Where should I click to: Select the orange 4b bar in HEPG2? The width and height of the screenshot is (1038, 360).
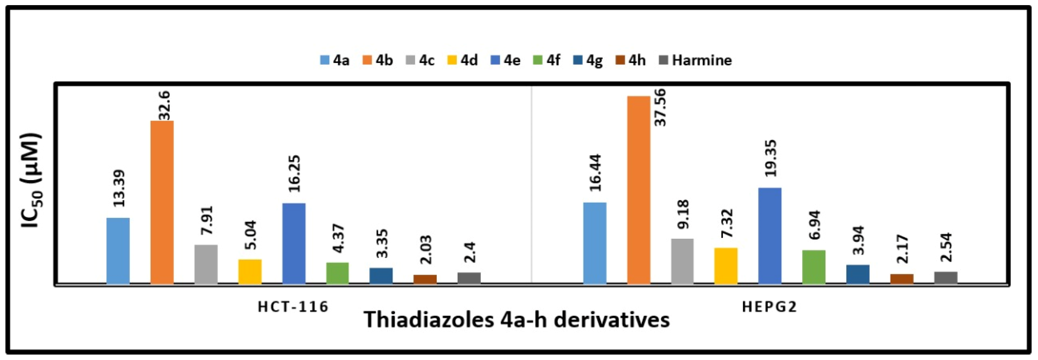coord(639,190)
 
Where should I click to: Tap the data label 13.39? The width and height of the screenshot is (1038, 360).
coord(119,188)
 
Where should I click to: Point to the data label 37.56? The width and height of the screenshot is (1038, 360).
coord(660,107)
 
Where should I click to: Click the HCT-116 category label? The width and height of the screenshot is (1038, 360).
coord(293,307)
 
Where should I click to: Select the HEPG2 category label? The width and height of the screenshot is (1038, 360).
coord(770,307)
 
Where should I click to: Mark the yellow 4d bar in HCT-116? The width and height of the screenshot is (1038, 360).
coord(250,272)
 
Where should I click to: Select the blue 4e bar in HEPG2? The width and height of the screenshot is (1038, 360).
coord(770,236)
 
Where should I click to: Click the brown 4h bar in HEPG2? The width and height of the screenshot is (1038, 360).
coord(902,279)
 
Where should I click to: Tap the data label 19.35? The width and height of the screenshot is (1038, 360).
coord(771,158)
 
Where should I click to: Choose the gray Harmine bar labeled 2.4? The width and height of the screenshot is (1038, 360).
coord(469,278)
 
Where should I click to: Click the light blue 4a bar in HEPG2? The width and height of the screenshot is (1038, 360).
coord(595,244)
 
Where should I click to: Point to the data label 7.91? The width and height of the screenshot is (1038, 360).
coord(207,220)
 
